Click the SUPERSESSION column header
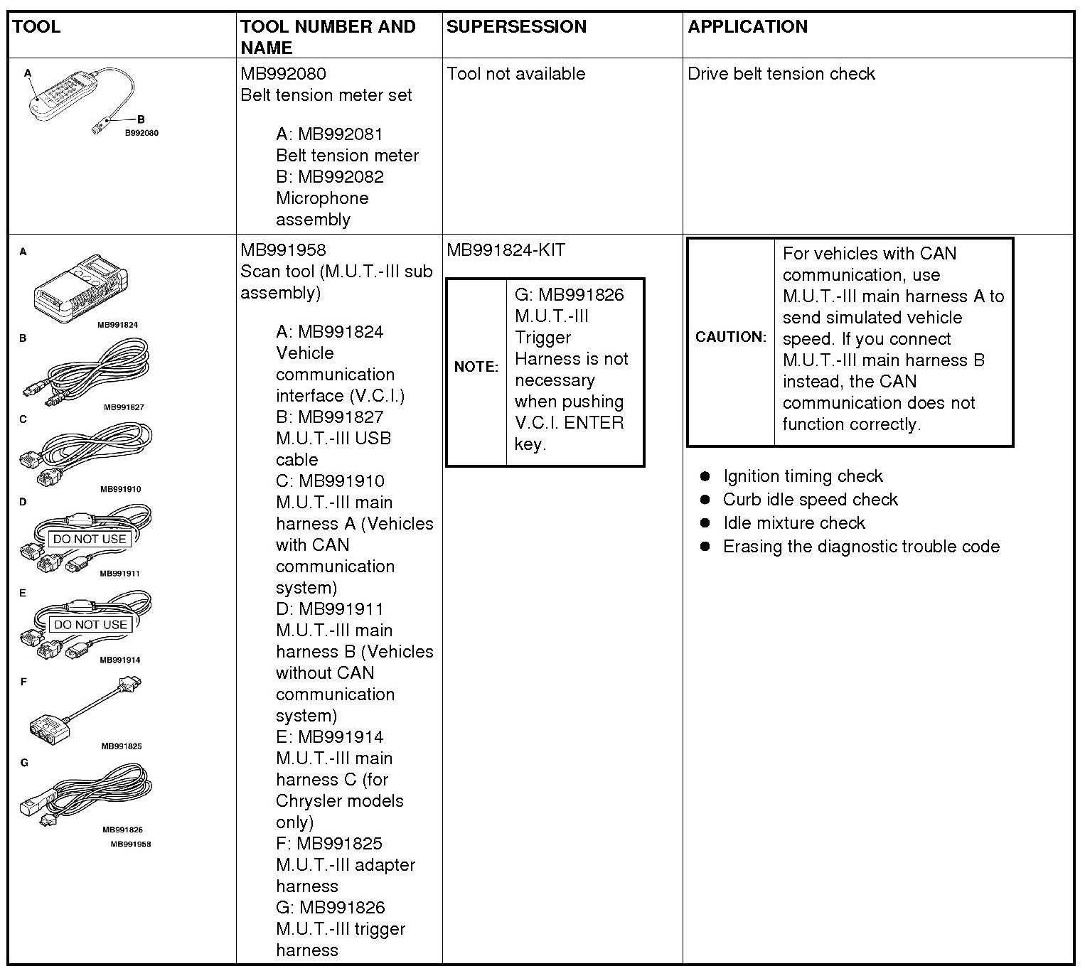[516, 27]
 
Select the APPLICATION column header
[747, 27]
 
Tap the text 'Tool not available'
[516, 74]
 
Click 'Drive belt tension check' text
[781, 74]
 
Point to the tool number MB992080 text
[283, 74]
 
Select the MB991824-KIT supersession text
[506, 250]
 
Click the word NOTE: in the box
[476, 367]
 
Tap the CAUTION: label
[731, 337]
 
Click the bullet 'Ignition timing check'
[802, 476]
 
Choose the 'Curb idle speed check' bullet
[810, 500]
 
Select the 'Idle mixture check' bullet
[793, 523]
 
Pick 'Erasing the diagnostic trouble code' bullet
[860, 547]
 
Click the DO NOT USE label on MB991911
[90, 540]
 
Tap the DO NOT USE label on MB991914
[90, 625]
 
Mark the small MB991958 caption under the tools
[130, 844]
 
